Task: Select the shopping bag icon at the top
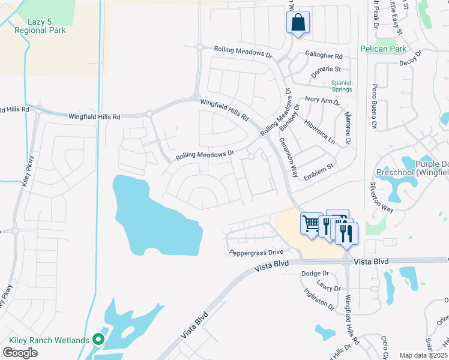click(298, 23)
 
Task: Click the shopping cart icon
click(311, 224)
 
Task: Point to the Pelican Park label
click(383, 49)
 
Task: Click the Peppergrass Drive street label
click(256, 253)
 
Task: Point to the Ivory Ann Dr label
click(322, 100)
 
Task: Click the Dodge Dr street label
click(312, 274)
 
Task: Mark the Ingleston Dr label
click(319, 298)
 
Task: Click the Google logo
click(20, 353)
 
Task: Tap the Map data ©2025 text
click(424, 355)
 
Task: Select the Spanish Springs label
click(342, 86)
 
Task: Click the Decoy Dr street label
click(411, 61)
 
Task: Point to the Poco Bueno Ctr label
click(373, 107)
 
